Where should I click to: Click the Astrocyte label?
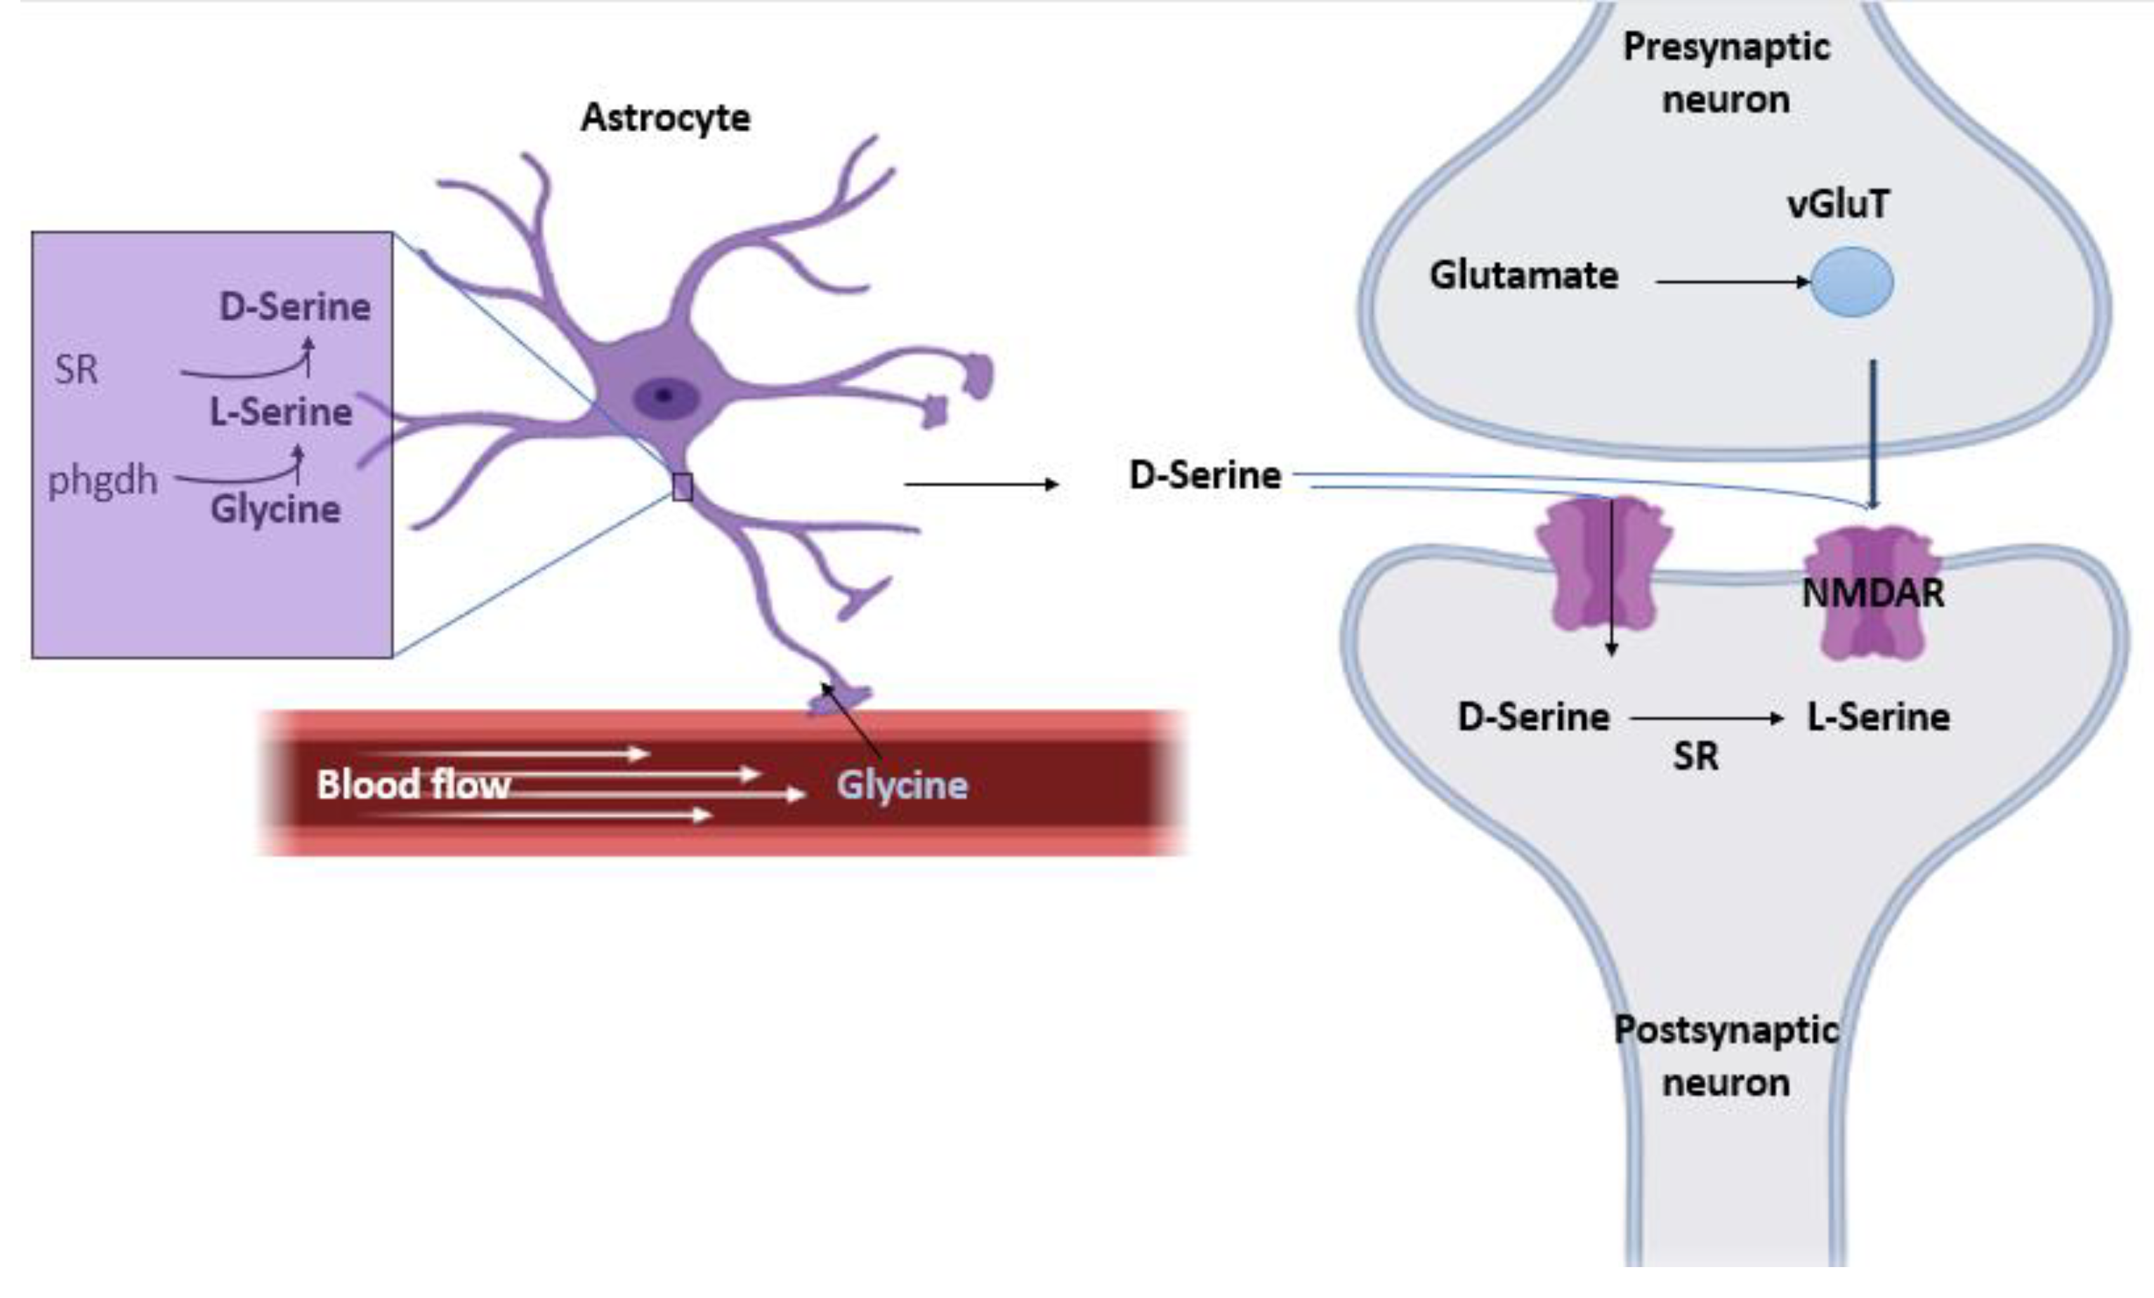tap(665, 118)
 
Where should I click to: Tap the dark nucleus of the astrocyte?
tap(665, 397)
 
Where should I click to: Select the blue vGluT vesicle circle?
tap(1851, 282)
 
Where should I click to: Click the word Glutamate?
tap(1524, 276)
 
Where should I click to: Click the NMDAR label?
tap(1873, 594)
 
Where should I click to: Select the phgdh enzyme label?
tap(103, 480)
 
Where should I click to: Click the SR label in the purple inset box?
tap(76, 369)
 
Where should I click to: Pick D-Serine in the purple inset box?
tap(294, 307)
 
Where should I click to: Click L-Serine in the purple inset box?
tap(281, 412)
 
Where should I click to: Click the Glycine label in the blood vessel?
tap(902, 785)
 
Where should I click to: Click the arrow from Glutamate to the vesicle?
tap(1731, 282)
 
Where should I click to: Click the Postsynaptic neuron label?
tap(1726, 1056)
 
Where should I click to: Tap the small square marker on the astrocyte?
tap(682, 487)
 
